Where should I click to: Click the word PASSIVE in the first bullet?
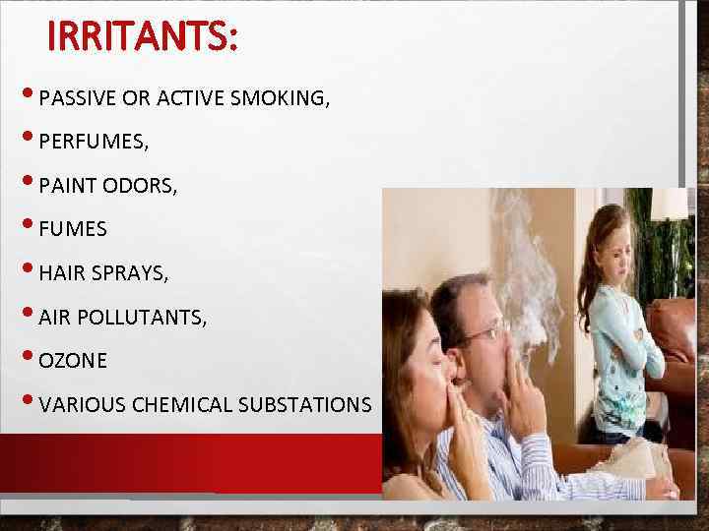tap(79, 98)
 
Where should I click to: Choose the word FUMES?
tap(73, 230)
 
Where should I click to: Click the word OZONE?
tap(74, 361)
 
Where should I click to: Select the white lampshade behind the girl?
tap(669, 204)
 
